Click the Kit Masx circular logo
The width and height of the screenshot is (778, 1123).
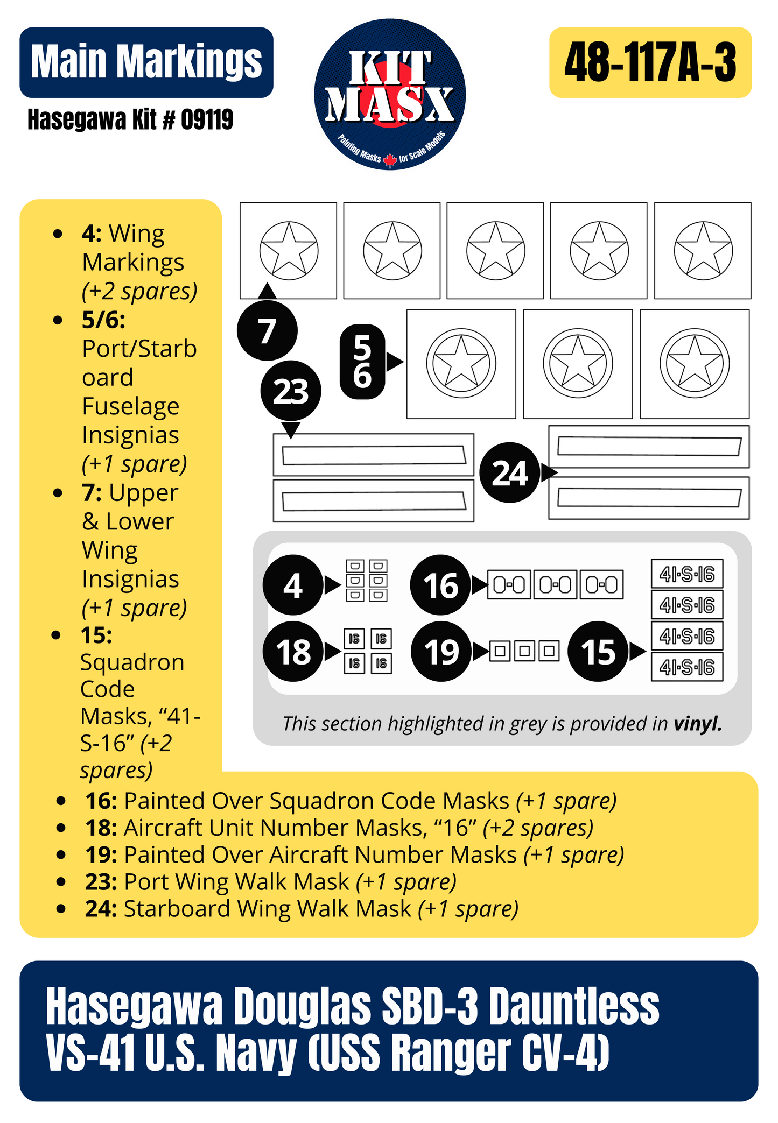point(390,95)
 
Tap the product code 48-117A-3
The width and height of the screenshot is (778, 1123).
point(650,62)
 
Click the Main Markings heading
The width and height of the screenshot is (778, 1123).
point(146,62)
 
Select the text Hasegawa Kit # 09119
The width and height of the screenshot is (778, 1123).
point(130,119)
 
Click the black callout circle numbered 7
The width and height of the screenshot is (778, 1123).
point(267,330)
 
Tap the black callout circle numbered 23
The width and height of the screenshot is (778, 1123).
point(291,391)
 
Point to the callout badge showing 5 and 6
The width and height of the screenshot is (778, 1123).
point(362,362)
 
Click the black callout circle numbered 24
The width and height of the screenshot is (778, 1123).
point(509,473)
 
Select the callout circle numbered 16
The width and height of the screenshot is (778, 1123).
point(440,585)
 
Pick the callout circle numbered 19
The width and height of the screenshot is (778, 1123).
point(441,652)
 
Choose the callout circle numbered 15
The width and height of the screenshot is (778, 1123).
point(598,652)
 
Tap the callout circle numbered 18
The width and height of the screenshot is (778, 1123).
point(293,652)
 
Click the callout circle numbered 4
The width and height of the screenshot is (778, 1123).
point(293,585)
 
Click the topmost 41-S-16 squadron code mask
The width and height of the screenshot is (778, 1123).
point(686,575)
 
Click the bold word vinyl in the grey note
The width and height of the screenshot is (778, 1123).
point(697,724)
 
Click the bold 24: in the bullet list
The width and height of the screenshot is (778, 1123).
point(101,909)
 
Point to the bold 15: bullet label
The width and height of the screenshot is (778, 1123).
point(97,635)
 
